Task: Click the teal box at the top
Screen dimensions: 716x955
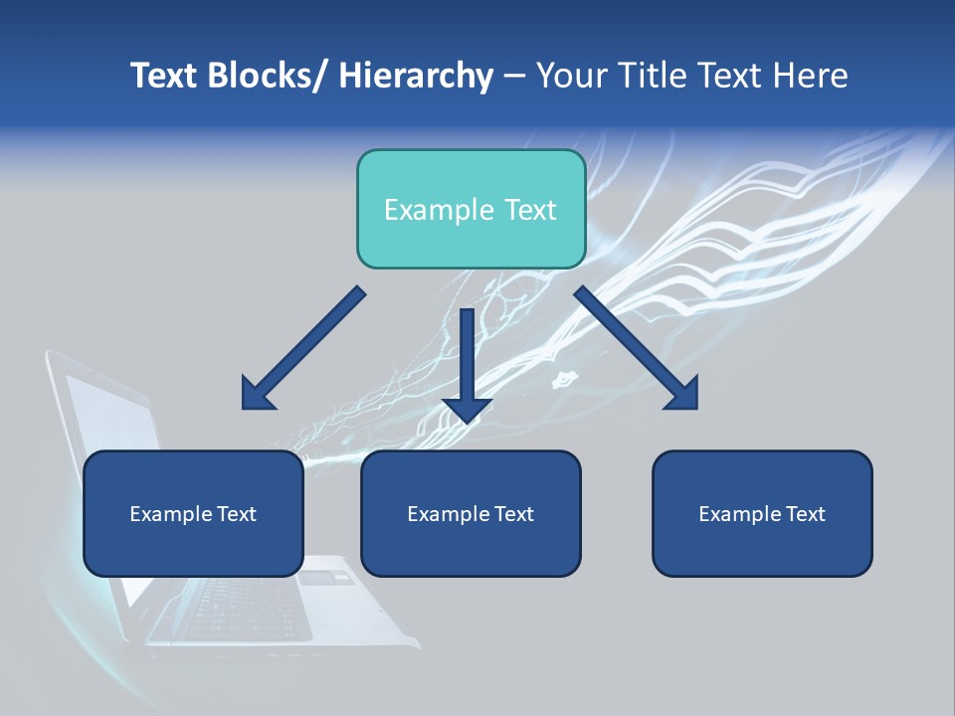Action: pos(471,209)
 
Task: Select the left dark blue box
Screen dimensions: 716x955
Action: pos(193,513)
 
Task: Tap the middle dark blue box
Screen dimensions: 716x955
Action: pos(471,513)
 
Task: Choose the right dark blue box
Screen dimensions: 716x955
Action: pos(762,513)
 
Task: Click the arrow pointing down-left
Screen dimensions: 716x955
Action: pos(303,349)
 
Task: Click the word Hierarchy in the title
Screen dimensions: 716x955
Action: pos(416,76)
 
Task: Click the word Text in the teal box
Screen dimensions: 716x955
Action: pos(530,210)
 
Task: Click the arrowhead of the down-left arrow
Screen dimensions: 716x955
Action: pos(257,395)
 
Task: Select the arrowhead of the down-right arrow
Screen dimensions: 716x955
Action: pos(683,395)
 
